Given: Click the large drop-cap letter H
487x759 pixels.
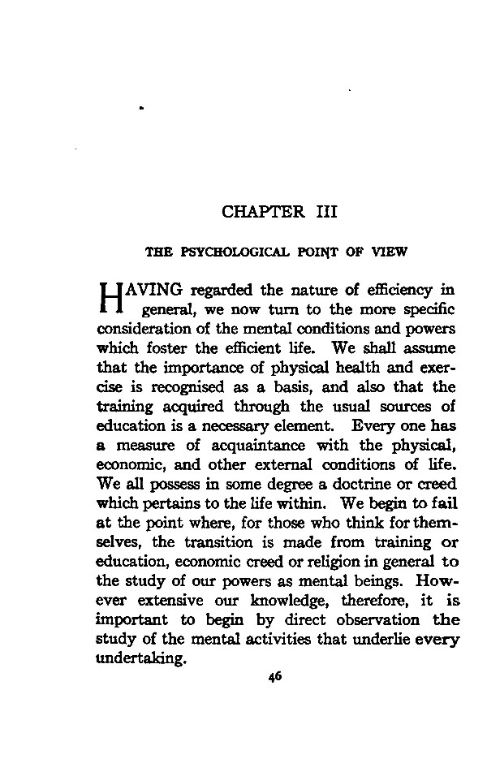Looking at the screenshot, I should tap(108, 298).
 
